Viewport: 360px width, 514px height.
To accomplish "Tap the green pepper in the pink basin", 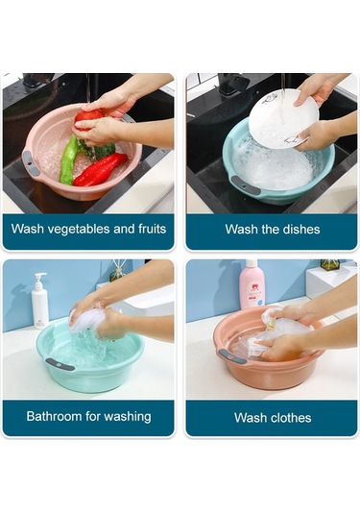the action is pyautogui.click(x=69, y=159).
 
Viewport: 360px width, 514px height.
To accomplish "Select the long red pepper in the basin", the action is pyautogui.click(x=100, y=169).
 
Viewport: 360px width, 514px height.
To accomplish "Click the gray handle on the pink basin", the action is pyautogui.click(x=31, y=163).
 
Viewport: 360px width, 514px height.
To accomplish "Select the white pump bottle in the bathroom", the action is pyautogui.click(x=39, y=302).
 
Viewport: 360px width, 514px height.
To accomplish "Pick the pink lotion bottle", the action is pyautogui.click(x=252, y=284).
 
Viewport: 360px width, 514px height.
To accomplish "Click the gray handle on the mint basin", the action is pyautogui.click(x=60, y=364).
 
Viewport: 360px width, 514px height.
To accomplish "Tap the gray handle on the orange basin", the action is pyautogui.click(x=232, y=356).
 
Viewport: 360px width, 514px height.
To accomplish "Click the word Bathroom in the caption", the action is pyautogui.click(x=54, y=416).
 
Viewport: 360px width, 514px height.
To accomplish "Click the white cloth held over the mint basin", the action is pyautogui.click(x=88, y=317).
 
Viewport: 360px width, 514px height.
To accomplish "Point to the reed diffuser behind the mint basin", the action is pyautogui.click(x=118, y=271).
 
